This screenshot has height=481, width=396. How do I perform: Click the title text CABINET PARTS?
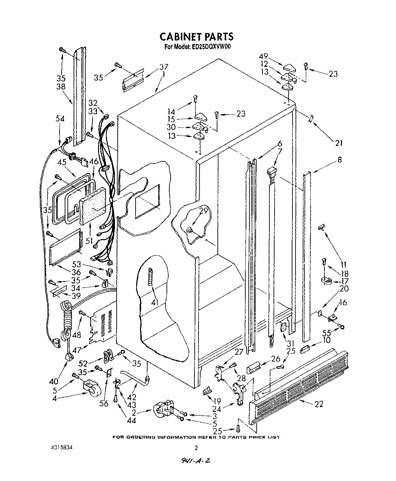coord(196,36)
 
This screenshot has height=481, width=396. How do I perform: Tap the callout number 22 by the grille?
coord(319,404)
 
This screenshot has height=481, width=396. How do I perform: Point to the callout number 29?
coord(204,211)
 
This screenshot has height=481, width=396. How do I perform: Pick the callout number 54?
coord(60,119)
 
